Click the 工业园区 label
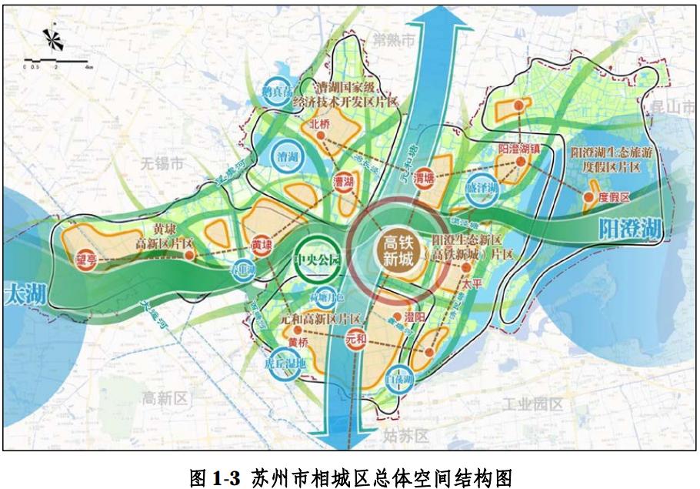pyautogui.click(x=532, y=404)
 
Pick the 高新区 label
pyautogui.click(x=165, y=397)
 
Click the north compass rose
pyautogui.click(x=50, y=39)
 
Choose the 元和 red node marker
pyautogui.click(x=355, y=337)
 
